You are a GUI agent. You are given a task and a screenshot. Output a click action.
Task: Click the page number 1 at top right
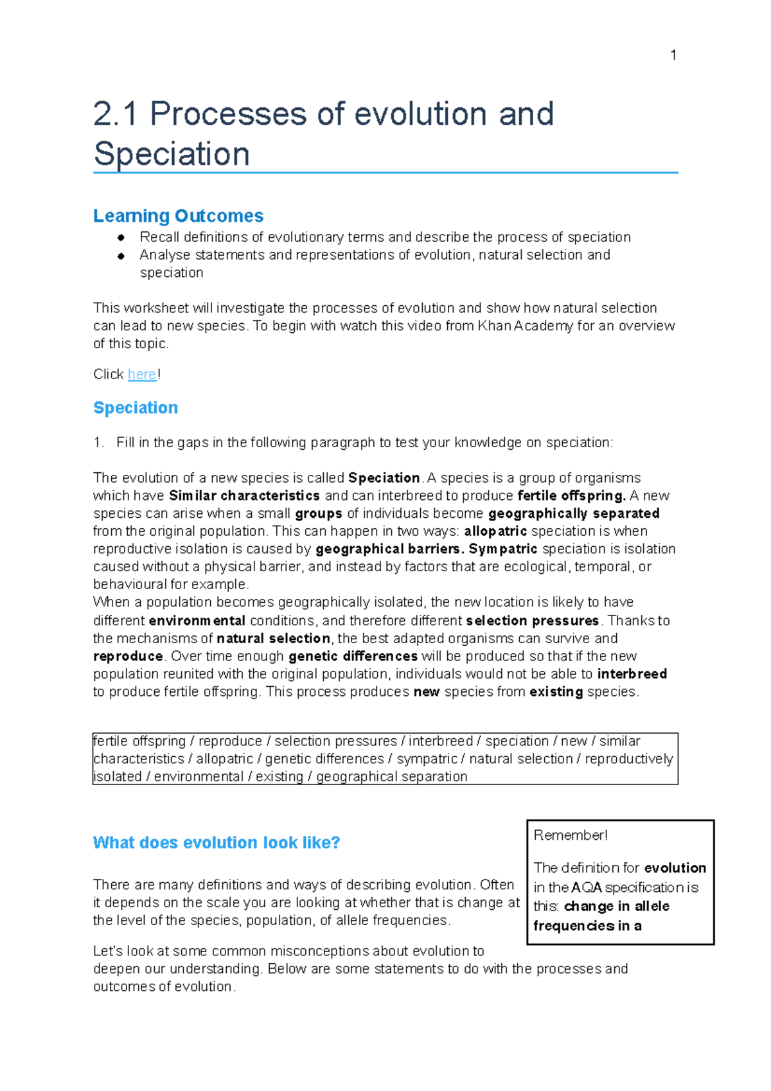(673, 55)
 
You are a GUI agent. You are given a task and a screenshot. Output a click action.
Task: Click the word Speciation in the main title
(172, 154)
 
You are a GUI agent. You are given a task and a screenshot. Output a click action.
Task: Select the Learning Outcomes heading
(178, 216)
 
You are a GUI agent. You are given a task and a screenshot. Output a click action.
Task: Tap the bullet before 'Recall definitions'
(121, 238)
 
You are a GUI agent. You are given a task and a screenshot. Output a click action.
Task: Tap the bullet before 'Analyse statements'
(121, 256)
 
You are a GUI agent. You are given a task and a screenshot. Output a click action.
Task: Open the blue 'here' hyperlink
(141, 375)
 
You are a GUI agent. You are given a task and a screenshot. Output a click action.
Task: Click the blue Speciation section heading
(136, 408)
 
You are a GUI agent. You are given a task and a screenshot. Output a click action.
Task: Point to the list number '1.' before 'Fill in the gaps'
(98, 443)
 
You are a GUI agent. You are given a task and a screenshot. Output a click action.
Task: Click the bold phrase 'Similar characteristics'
(244, 496)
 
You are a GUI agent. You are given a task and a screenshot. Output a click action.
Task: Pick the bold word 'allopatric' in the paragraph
(495, 531)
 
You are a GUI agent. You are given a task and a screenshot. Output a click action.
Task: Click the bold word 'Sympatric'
(503, 549)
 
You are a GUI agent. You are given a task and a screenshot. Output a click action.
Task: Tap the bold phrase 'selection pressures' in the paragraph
(533, 621)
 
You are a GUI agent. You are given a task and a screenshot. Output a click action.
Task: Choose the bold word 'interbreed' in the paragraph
(632, 674)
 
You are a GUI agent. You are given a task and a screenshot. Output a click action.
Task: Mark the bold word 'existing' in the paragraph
(556, 692)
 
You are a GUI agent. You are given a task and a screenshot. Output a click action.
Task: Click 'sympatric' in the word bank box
(426, 759)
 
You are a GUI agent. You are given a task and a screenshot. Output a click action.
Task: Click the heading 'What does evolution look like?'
(216, 843)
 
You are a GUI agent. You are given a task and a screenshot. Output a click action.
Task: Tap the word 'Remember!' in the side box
(570, 835)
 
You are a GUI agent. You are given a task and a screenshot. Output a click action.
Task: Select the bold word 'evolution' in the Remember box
(675, 868)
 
